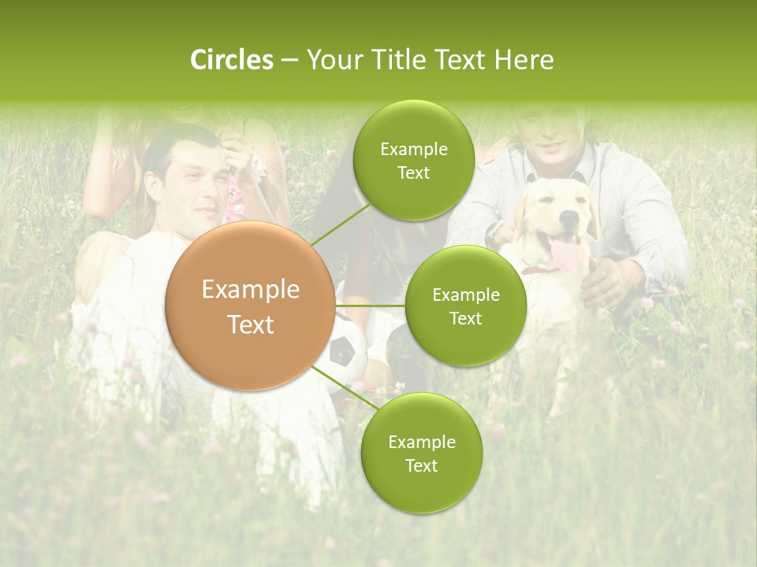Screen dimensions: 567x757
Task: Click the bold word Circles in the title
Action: tap(232, 60)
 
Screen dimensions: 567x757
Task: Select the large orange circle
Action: tap(250, 306)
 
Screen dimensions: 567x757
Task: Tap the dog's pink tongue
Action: tap(563, 254)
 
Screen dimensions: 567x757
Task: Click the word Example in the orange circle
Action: tap(250, 290)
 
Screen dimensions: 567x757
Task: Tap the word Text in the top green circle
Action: tap(413, 172)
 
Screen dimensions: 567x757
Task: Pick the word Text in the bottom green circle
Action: tap(421, 465)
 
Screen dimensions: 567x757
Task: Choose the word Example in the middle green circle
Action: tap(465, 295)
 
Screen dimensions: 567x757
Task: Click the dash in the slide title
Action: tap(289, 60)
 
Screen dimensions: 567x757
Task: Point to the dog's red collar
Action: tap(536, 270)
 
